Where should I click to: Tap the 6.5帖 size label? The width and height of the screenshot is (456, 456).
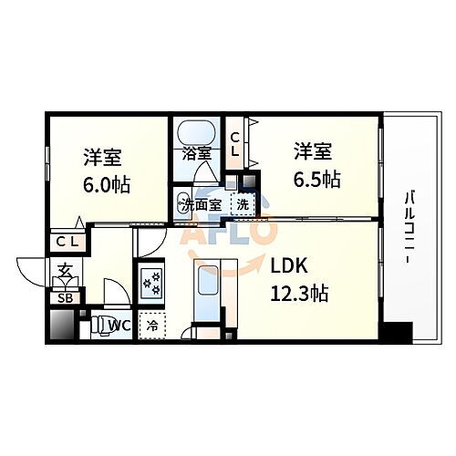pos(317,179)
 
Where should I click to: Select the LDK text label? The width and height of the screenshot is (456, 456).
pos(290,266)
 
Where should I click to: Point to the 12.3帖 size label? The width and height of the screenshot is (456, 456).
pos(298,294)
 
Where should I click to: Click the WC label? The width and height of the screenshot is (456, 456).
pos(119,324)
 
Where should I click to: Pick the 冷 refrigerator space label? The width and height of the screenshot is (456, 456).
pos(152,324)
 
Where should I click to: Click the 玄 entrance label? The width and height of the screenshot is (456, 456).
pos(66,271)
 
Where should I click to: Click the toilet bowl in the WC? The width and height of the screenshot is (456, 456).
pos(96,325)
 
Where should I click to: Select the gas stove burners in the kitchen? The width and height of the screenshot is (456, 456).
pos(150,284)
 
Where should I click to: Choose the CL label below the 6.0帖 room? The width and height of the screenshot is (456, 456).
pos(66,242)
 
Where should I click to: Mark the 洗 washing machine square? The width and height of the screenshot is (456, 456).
pos(244,203)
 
